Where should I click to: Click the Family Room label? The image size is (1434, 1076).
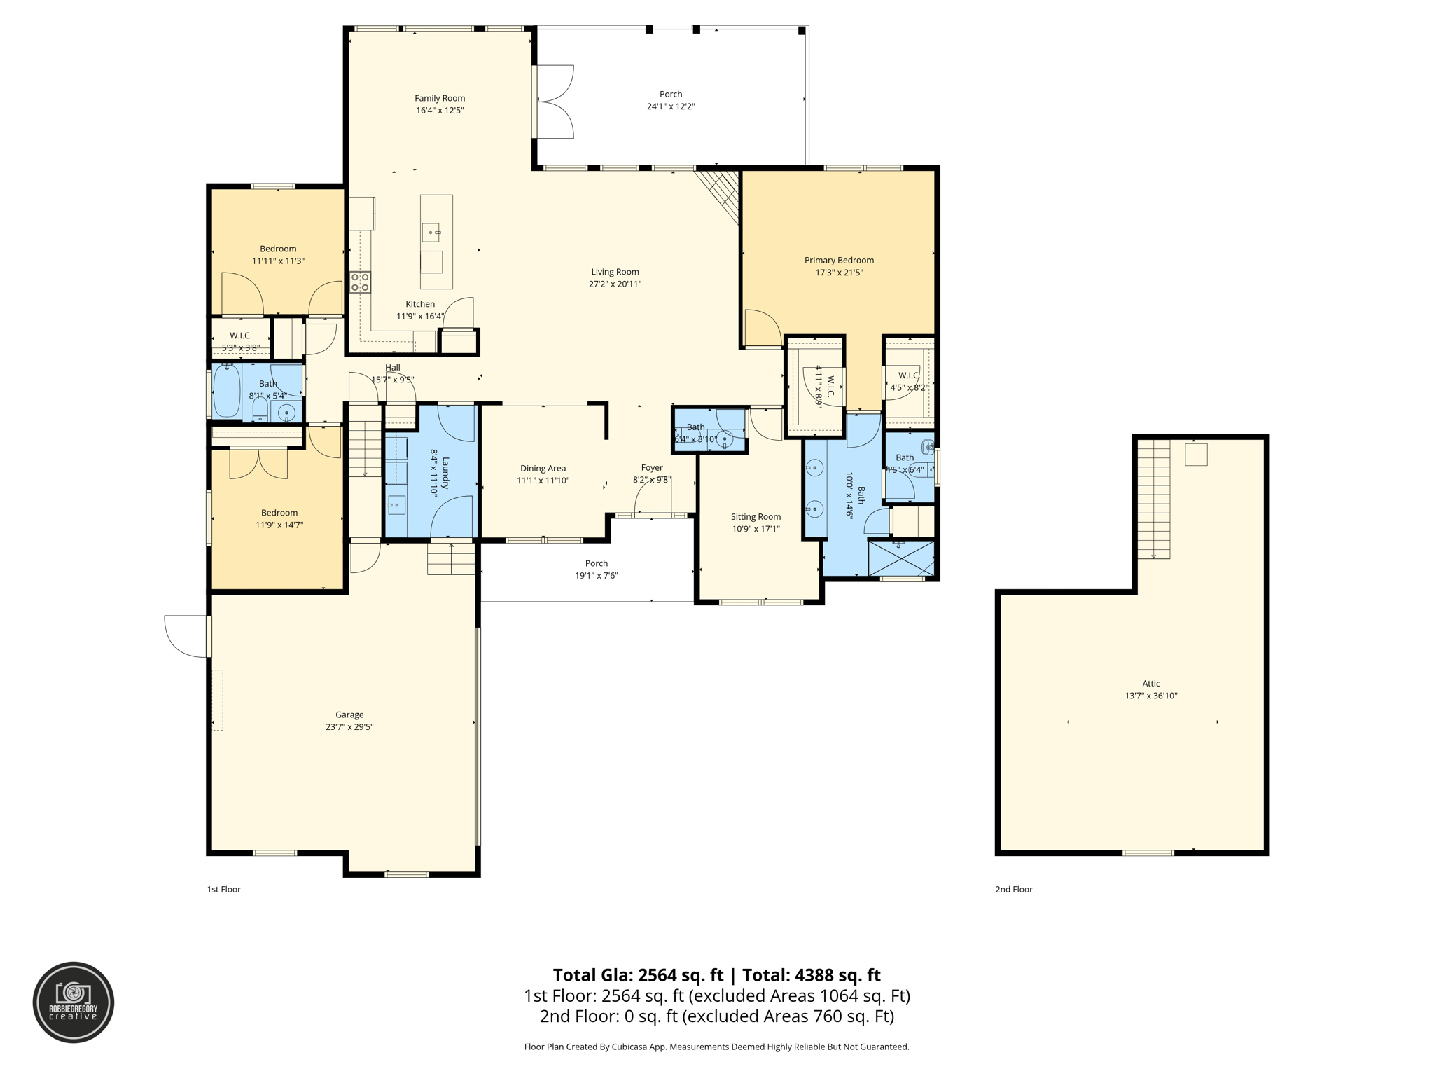440,99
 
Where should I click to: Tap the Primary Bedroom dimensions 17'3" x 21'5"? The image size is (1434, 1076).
839,273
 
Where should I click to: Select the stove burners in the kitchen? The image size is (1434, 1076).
360,282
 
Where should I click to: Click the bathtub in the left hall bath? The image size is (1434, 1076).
227,390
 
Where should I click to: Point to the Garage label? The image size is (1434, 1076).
349,715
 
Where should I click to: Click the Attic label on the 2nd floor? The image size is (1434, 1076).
1150,683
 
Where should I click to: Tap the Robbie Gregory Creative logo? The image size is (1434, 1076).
74,1002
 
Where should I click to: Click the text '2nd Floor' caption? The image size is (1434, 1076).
1013,889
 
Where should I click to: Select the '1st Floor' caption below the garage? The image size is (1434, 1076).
223,889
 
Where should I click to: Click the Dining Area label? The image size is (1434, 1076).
543,469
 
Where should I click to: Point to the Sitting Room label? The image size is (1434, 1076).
756,517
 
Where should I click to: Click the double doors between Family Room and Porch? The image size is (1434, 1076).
553,102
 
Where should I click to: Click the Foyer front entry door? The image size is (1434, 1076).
653,501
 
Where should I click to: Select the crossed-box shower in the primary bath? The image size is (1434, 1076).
900,558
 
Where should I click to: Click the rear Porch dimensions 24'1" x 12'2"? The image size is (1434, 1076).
670,106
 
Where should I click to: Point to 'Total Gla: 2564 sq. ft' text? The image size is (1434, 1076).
637,975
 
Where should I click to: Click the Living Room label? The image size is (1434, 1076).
615,272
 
